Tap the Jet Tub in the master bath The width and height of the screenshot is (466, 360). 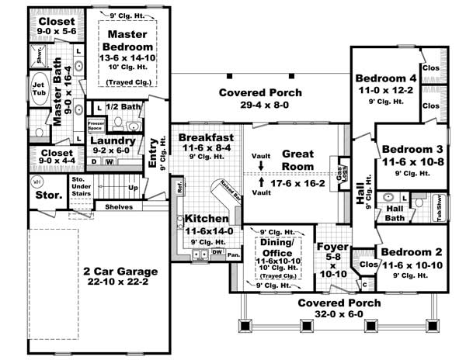pos(38,85)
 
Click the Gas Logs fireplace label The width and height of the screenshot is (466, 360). pos(339,174)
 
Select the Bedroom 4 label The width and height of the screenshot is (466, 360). pos(386,78)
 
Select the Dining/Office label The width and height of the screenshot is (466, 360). pos(276,247)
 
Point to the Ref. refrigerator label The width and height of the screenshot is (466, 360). pos(179,187)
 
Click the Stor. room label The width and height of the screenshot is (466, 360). pos(47,195)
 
